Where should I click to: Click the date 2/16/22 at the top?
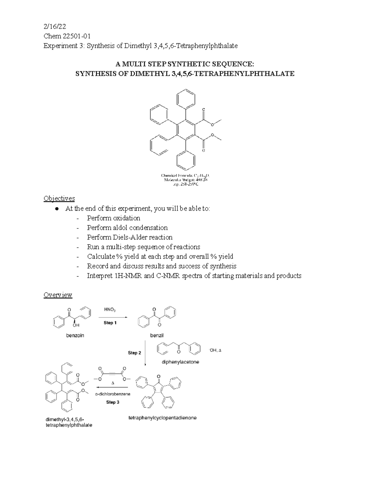[54, 26]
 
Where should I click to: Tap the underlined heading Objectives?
[59, 198]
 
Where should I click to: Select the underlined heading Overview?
[58, 295]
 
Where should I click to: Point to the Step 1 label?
[110, 323]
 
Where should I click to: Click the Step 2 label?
[134, 353]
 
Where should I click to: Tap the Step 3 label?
[113, 402]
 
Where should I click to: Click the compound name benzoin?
[75, 335]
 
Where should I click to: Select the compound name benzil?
[157, 335]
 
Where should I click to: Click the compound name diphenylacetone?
[180, 362]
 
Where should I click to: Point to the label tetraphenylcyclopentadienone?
[162, 418]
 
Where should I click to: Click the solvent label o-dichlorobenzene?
[113, 394]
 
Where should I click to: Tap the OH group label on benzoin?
[76, 325]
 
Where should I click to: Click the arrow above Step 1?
[113, 317]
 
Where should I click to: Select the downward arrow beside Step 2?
[145, 353]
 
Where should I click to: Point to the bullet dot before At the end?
[57, 209]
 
